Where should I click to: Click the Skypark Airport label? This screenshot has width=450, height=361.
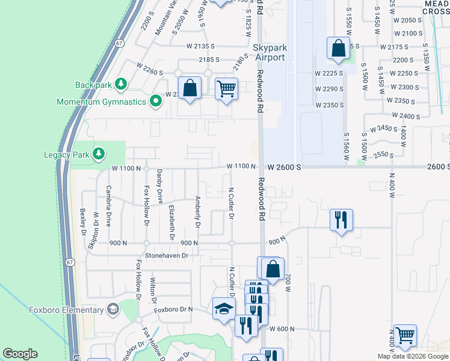pos(269,52)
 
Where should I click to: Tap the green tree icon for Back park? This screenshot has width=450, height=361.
pos(120,84)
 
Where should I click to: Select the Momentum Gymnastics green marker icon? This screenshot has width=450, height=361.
pos(156,101)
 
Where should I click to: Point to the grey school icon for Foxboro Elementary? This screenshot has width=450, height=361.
pos(112,310)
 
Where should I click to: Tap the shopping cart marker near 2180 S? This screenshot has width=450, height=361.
pos(226,88)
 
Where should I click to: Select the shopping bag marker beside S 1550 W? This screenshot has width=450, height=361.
pos(339,48)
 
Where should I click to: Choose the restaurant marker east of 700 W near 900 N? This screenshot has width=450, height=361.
pos(341,220)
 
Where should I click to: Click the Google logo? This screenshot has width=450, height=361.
pos(20,354)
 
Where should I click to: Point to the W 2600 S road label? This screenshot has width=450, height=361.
pos(283,166)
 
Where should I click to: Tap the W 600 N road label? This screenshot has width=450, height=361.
pos(281,329)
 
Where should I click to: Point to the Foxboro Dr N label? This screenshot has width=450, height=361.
pos(173,310)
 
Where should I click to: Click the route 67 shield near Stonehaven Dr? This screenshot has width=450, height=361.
pos(70,262)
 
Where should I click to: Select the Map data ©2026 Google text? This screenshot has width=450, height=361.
pos(412,356)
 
